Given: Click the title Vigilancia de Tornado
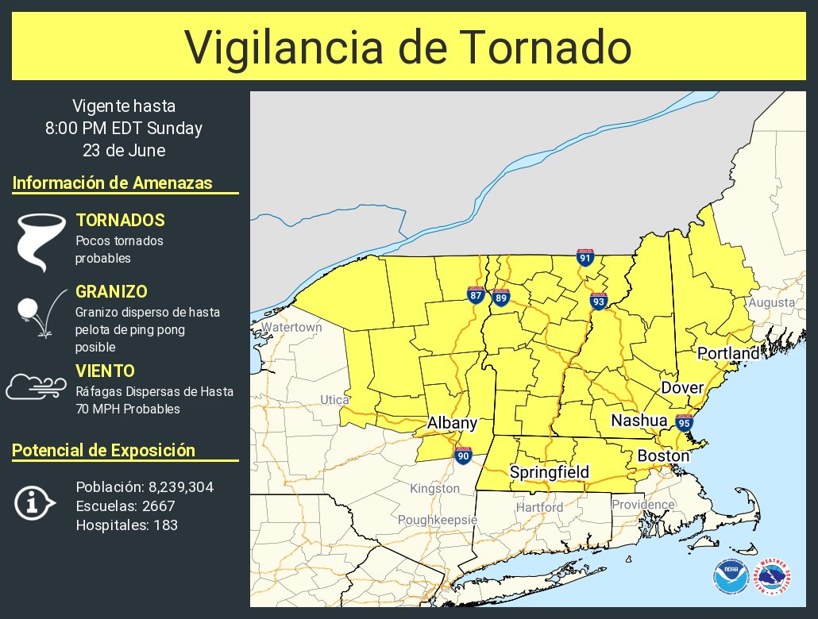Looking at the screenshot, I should [x=408, y=47].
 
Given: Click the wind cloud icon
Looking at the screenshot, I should [x=37, y=386].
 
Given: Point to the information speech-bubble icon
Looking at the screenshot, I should [x=35, y=503].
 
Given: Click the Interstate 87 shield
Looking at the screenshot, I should [x=476, y=294].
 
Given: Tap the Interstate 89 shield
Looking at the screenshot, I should [x=500, y=297].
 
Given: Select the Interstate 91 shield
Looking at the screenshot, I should [x=585, y=256].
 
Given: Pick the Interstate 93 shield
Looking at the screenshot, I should [x=599, y=301].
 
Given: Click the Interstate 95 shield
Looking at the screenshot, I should [x=682, y=422].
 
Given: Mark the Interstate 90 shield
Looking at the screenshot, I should [x=463, y=455].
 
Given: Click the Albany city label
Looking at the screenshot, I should [x=452, y=423].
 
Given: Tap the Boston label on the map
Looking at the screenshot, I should [x=663, y=456].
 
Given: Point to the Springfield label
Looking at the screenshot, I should [x=550, y=472].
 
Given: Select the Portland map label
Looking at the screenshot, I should [x=727, y=352].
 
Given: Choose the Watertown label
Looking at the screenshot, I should [x=291, y=327].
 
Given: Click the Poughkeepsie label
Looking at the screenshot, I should [x=438, y=519].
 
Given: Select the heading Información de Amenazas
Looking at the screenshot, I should [x=113, y=183].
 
